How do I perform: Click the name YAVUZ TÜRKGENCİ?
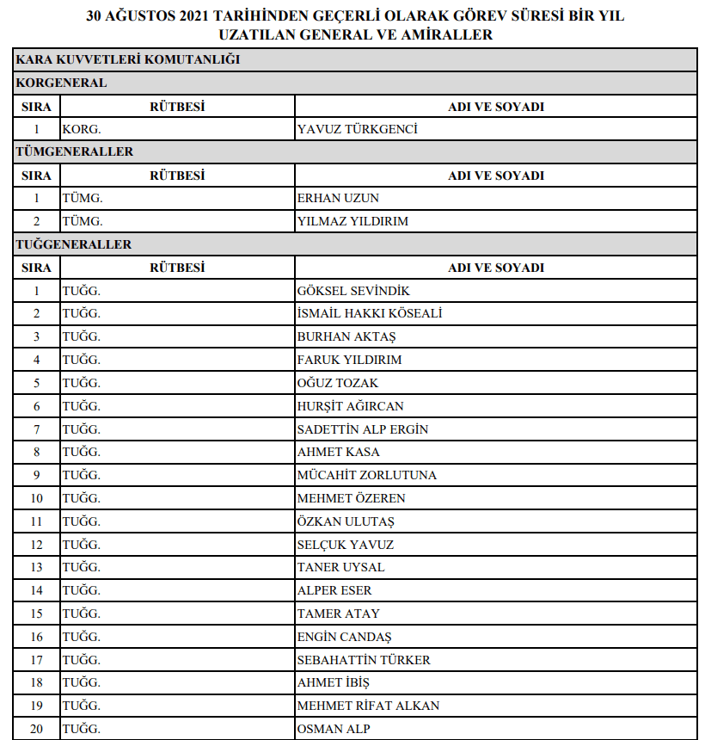pyautogui.click(x=357, y=130)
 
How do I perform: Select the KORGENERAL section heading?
pyautogui.click(x=61, y=83)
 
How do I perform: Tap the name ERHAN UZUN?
pyautogui.click(x=338, y=199)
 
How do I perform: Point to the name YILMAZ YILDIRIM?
pyautogui.click(x=352, y=222)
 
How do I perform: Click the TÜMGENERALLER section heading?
pyautogui.click(x=75, y=152)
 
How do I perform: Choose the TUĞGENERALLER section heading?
pyautogui.click(x=74, y=244)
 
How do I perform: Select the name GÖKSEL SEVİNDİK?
pyautogui.click(x=353, y=291)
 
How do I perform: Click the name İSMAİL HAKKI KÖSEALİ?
pyautogui.click(x=370, y=314)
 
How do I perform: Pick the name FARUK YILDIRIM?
pyautogui.click(x=349, y=360)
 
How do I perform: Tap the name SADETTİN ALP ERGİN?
pyautogui.click(x=363, y=429)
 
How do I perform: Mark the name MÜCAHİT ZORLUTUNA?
pyautogui.click(x=367, y=475)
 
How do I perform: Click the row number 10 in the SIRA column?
pyautogui.click(x=37, y=498)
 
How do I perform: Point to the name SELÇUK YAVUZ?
pyautogui.click(x=346, y=545)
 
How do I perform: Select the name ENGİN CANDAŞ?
pyautogui.click(x=344, y=637)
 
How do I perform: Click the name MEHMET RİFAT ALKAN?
pyautogui.click(x=368, y=706)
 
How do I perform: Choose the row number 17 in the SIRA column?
pyautogui.click(x=37, y=660)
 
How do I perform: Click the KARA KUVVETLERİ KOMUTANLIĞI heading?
pyautogui.click(x=127, y=60)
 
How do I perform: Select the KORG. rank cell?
pyautogui.click(x=82, y=130)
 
